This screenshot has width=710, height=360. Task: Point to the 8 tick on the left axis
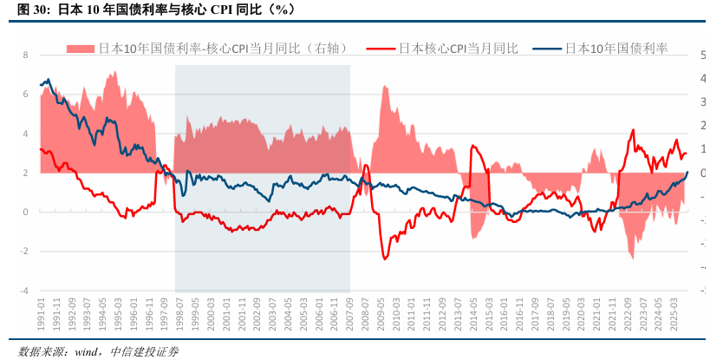pos(26,55)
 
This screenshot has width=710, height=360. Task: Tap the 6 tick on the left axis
pos(26,95)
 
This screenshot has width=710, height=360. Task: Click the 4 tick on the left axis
pos(26,134)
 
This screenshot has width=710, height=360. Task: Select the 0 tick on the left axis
pos(26,212)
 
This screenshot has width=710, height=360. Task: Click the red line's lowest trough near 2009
pos(384,259)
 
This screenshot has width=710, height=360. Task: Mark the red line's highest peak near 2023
pos(633,130)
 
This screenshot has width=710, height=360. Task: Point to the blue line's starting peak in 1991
pos(46,80)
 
